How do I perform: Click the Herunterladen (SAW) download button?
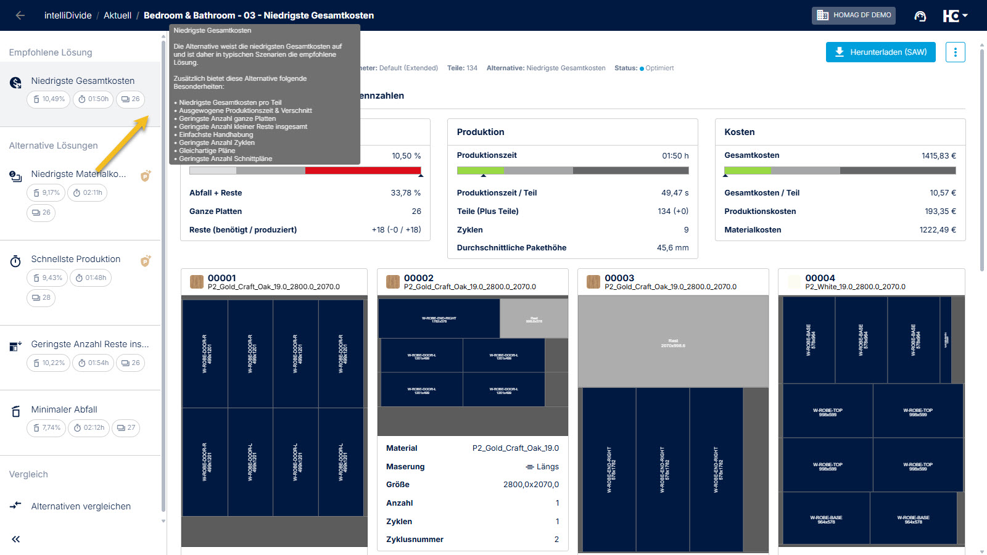tap(880, 52)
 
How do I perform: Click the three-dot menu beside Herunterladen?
tap(955, 52)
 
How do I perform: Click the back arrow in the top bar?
tap(20, 15)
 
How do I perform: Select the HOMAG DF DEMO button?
tap(854, 15)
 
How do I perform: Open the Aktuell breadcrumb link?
tap(117, 15)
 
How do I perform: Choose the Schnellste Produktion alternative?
tap(76, 259)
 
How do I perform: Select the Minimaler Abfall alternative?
tap(64, 409)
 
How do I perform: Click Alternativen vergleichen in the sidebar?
tap(81, 506)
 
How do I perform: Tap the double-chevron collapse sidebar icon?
tap(16, 539)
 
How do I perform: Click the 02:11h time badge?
tap(87, 193)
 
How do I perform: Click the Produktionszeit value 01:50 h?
tap(675, 156)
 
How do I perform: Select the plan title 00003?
tap(619, 278)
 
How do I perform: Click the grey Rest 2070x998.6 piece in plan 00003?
tap(673, 342)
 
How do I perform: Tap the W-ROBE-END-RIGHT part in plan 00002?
tap(439, 319)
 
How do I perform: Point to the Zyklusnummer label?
tap(415, 540)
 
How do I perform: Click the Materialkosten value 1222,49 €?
tap(937, 230)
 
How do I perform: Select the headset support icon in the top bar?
tap(920, 16)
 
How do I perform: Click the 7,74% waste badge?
tap(46, 428)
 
